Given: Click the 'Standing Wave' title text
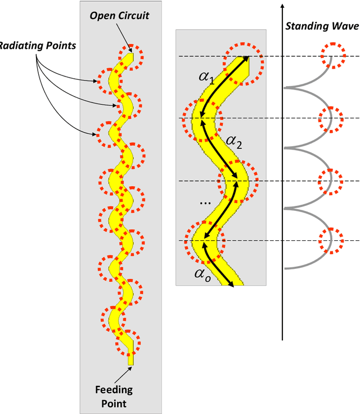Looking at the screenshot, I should (322, 26).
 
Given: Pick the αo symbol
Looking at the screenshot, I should (203, 274).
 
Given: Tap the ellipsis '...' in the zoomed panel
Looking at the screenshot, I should (205, 201).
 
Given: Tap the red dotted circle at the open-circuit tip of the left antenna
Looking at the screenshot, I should (131, 55).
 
